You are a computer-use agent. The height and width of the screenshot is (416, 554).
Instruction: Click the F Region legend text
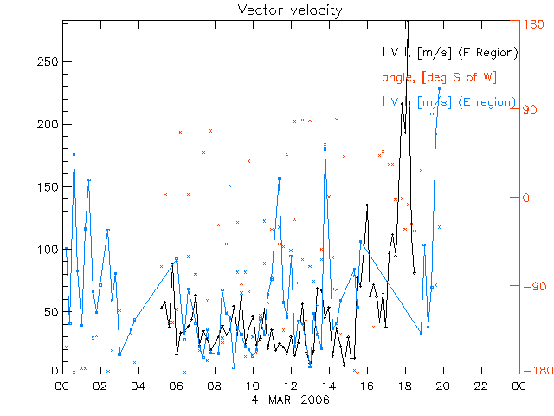click(x=449, y=53)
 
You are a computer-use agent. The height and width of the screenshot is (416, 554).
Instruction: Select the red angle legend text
click(x=439, y=77)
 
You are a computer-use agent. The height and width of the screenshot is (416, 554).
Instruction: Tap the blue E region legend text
click(x=449, y=101)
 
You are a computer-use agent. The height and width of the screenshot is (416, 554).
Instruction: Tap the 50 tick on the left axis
click(x=51, y=312)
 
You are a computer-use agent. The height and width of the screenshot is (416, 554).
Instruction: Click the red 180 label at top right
click(x=532, y=23)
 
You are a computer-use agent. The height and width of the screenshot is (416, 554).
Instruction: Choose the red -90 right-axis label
click(x=531, y=285)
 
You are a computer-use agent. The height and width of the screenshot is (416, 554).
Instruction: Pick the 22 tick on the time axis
click(x=480, y=387)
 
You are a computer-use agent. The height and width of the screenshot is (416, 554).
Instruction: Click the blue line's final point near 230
click(x=440, y=88)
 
